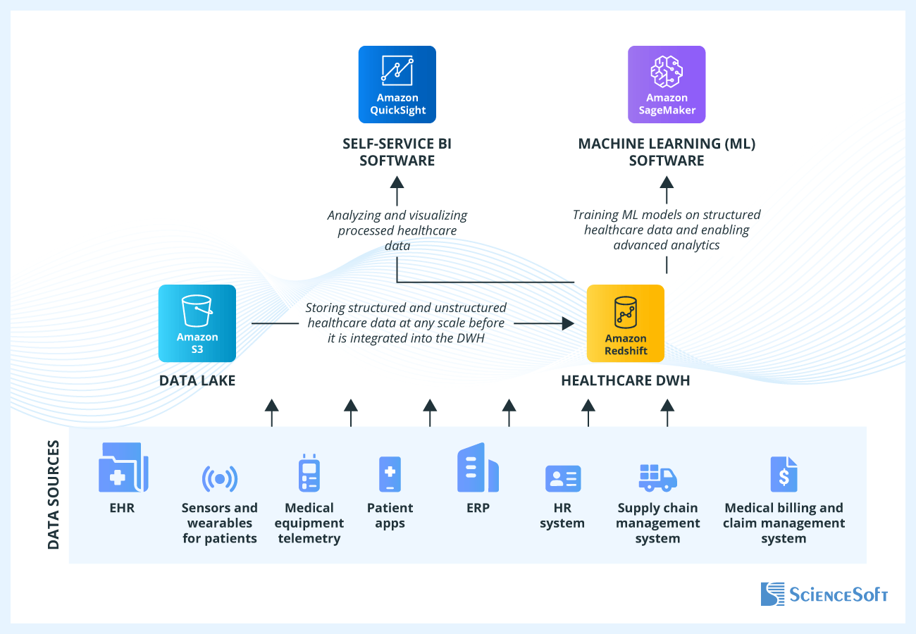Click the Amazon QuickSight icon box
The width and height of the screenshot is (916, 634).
coord(397,85)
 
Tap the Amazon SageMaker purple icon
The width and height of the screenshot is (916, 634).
coord(667,85)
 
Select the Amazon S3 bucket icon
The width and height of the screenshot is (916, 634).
coord(197,323)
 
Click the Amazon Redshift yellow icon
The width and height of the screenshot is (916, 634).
coord(626,323)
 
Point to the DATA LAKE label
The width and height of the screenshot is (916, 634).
coord(197,381)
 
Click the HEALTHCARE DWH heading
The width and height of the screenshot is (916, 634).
coord(626,381)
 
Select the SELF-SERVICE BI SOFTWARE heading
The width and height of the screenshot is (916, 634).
coord(397,152)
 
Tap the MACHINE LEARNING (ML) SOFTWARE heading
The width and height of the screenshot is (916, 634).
coord(667,152)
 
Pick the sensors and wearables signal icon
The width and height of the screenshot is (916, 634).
coord(220,479)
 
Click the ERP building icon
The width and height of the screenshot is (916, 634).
coord(478,468)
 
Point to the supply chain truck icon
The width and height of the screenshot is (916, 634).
coord(657,477)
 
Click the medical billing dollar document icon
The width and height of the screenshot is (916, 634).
coord(784,474)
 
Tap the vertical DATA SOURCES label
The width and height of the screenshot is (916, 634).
coord(54,495)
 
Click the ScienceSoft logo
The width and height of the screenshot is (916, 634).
coord(824,594)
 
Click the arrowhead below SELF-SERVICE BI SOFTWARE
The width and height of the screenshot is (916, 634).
coord(397,182)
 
